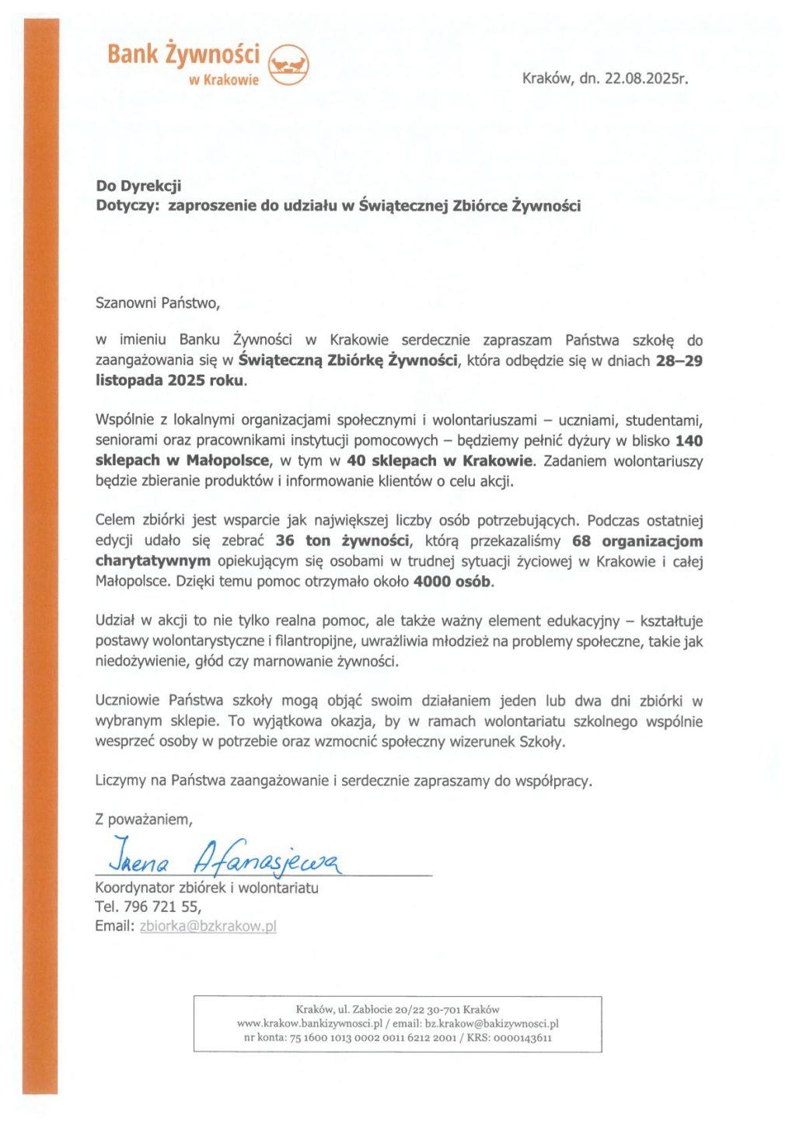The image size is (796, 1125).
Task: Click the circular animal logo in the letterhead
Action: [288, 64]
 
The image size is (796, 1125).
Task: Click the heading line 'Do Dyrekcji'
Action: [138, 186]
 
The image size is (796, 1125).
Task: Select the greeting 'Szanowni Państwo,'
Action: [157, 303]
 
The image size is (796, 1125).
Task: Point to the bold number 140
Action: [689, 441]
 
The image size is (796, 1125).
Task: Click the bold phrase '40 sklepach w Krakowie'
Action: [440, 461]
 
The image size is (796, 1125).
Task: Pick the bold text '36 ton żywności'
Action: [342, 541]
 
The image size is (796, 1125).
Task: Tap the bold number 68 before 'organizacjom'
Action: [581, 541]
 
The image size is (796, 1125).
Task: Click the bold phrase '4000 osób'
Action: [452, 582]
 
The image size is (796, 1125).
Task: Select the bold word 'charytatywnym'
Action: [152, 561]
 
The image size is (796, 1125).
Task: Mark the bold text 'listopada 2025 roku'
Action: [169, 381]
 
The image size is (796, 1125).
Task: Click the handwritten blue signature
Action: [225, 857]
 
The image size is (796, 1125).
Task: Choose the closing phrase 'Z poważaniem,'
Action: [144, 819]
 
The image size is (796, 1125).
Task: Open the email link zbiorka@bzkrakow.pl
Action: [208, 926]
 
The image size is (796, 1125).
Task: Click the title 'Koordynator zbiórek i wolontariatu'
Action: [207, 888]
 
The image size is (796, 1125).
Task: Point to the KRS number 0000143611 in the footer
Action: [522, 1038]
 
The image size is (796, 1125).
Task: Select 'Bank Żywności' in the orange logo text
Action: [183, 54]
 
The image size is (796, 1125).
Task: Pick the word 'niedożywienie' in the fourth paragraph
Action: [134, 662]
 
